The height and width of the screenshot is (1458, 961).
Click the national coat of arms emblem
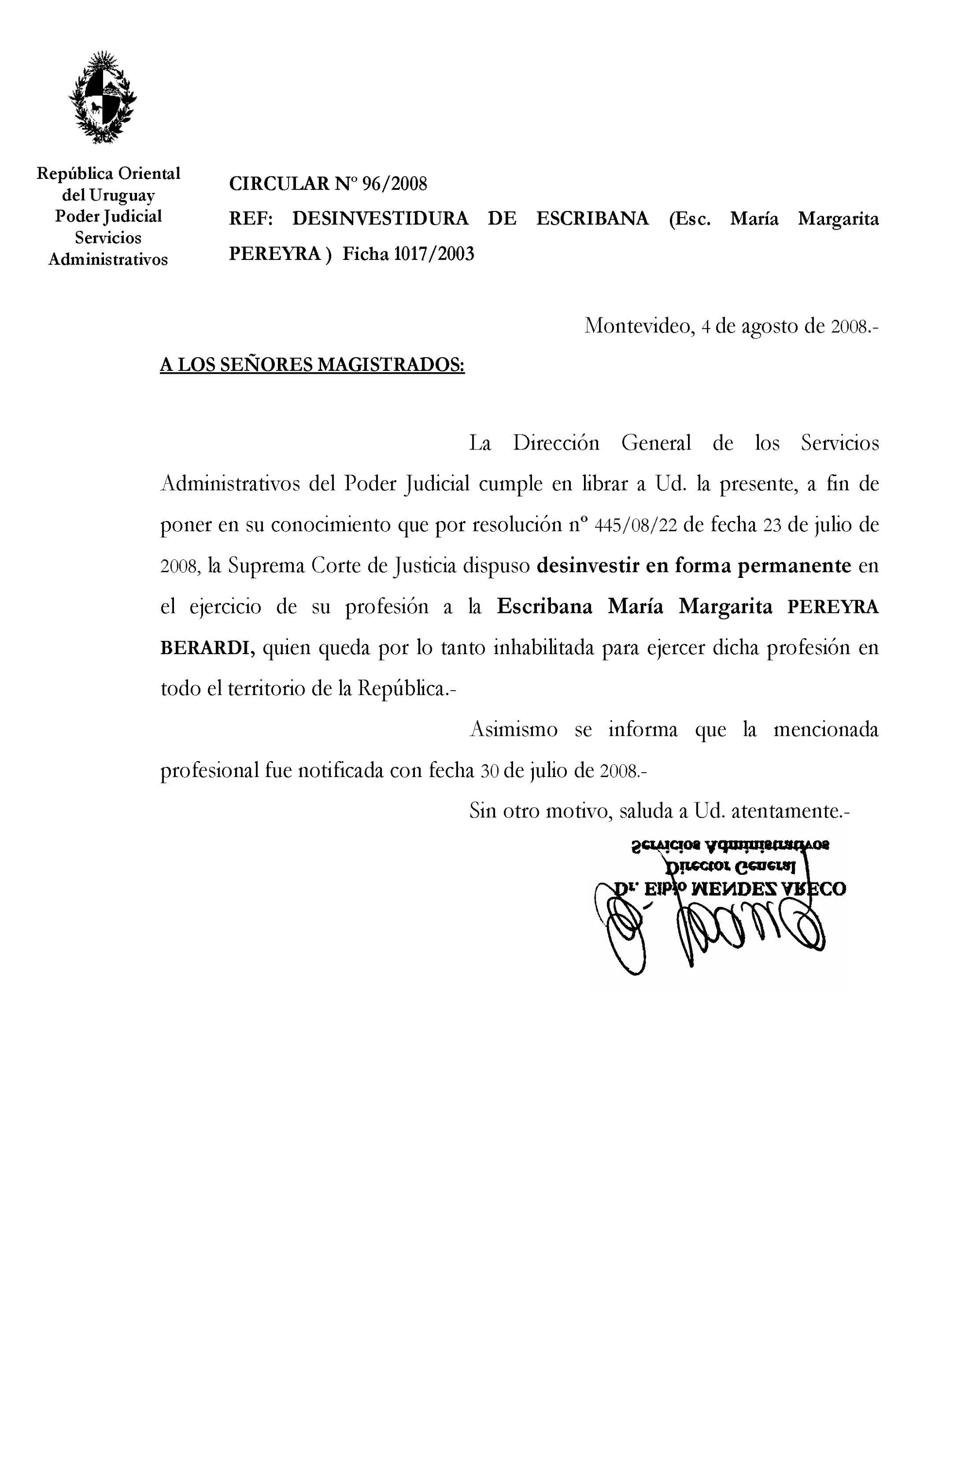tap(103, 98)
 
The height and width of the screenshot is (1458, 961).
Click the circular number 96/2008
tap(395, 183)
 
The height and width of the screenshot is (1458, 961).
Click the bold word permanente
tap(794, 565)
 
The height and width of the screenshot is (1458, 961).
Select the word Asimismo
tap(514, 729)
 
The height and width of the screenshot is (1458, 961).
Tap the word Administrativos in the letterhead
tap(108, 260)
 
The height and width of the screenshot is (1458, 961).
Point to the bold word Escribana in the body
tap(544, 607)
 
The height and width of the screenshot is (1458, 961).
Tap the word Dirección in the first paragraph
tap(556, 443)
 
